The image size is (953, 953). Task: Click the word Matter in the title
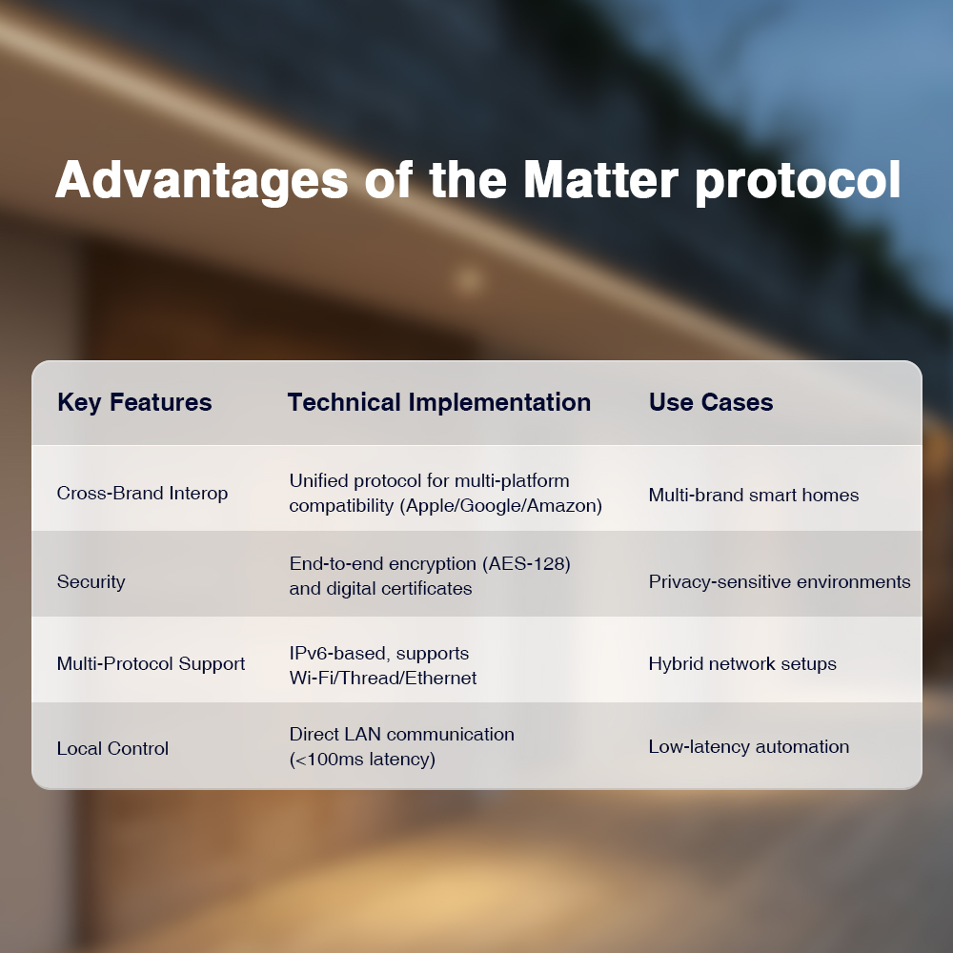[x=600, y=179]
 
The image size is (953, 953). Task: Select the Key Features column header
[x=134, y=403]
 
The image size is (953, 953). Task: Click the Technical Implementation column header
[x=438, y=402]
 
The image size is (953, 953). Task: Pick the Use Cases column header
[x=711, y=402]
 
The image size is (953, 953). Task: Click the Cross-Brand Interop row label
[x=142, y=493]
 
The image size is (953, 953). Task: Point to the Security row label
[x=91, y=581]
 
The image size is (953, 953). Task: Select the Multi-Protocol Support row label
[x=151, y=663]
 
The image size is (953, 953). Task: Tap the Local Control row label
[x=112, y=748]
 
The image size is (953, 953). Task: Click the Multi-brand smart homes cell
[x=754, y=495]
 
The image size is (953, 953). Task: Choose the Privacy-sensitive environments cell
[x=780, y=582]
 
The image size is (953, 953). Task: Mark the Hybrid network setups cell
[x=742, y=663]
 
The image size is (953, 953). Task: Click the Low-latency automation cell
[x=749, y=746]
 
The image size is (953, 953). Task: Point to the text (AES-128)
[x=526, y=564]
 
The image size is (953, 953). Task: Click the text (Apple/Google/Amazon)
[x=501, y=506]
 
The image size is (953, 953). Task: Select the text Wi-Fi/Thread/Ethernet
[x=383, y=678]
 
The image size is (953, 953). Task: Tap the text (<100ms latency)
[x=362, y=760]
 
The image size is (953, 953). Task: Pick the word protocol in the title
[x=798, y=182]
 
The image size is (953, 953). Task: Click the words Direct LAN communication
[x=402, y=734]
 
